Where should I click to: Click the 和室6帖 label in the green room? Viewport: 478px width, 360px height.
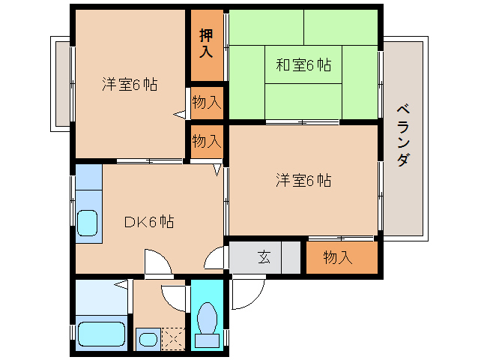[x=303, y=65]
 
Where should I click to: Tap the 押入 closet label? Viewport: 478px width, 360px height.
[x=206, y=44]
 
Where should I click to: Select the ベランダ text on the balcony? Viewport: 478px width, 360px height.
[x=403, y=137]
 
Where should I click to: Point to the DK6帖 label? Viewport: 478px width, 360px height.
[x=149, y=221]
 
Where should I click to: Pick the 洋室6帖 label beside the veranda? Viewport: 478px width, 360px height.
[x=303, y=180]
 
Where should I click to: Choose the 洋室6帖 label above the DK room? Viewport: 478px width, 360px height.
[x=130, y=84]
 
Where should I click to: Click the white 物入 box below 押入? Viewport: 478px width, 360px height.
[x=206, y=103]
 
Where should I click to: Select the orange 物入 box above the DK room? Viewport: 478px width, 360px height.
[x=206, y=140]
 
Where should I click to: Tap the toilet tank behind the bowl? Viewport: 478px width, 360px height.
[x=207, y=341]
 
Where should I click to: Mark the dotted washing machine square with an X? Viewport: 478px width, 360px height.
[x=172, y=338]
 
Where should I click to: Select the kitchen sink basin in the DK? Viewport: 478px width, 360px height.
[x=88, y=223]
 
